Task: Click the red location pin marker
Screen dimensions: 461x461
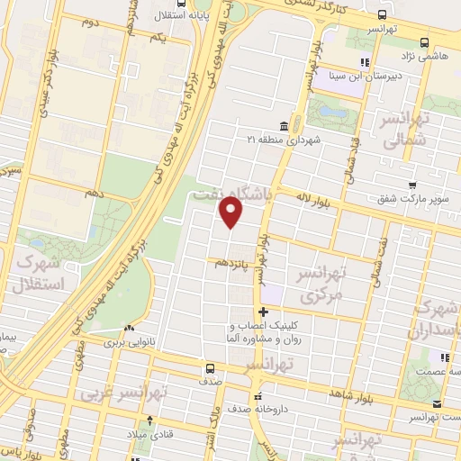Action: click(231, 213)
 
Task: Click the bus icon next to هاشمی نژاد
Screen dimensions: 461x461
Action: click(424, 41)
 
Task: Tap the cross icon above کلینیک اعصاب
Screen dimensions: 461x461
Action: click(263, 312)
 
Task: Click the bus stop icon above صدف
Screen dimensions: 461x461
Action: click(210, 367)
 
